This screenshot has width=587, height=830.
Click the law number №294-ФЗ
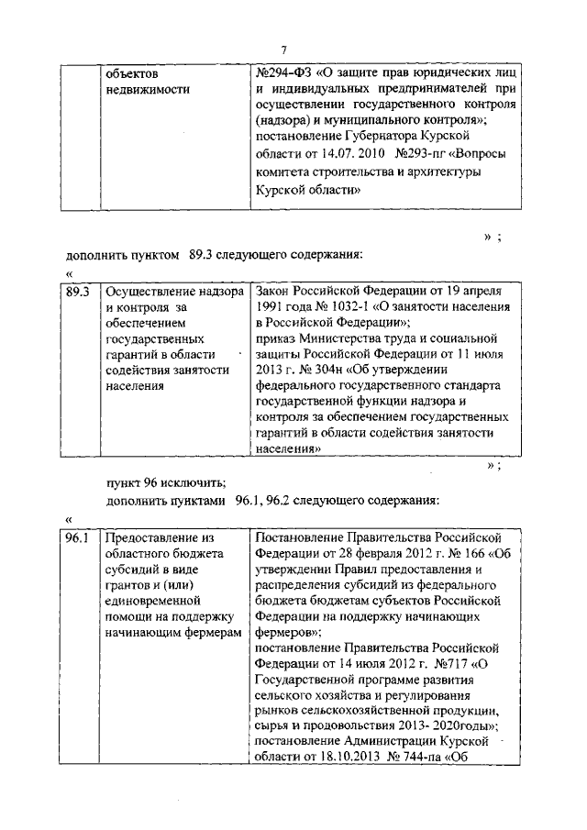[x=285, y=72]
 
